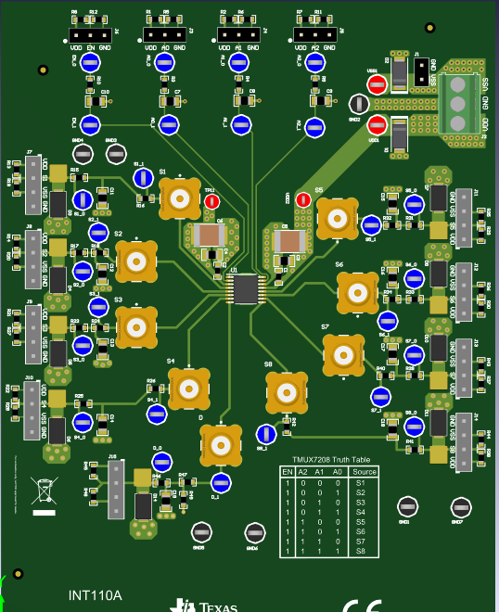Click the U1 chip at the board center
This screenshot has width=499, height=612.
pyautogui.click(x=246, y=289)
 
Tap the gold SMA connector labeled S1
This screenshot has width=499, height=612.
pyautogui.click(x=179, y=198)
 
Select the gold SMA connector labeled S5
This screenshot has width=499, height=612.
pyautogui.click(x=336, y=218)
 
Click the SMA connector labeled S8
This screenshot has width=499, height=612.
pyautogui.click(x=287, y=392)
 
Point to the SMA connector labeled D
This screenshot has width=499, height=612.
pyautogui.click(x=221, y=444)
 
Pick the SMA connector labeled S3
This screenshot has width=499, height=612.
pyautogui.click(x=136, y=326)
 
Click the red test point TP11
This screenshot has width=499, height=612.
pyautogui.click(x=211, y=201)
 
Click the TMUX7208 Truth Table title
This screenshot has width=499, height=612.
pyautogui.click(x=318, y=460)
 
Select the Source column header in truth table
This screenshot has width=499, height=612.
pyautogui.click(x=339, y=472)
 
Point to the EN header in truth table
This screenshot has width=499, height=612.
pyautogui.click(x=288, y=472)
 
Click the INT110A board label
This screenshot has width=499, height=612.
pyautogui.click(x=96, y=595)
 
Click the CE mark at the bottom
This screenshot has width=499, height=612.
pyautogui.click(x=362, y=606)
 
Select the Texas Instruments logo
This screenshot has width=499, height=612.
pyautogui.click(x=206, y=606)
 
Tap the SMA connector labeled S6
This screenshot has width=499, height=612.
pyautogui.click(x=357, y=292)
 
